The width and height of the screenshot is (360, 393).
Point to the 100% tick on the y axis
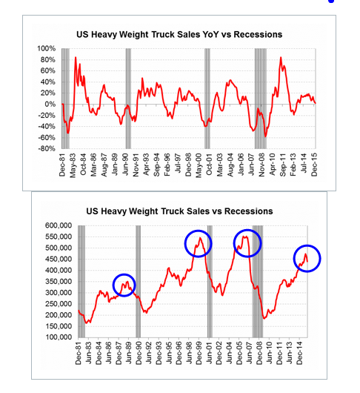48,48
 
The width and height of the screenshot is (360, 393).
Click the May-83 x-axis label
74,165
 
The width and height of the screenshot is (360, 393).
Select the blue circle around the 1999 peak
198,242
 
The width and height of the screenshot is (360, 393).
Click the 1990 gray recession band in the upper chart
128,96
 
